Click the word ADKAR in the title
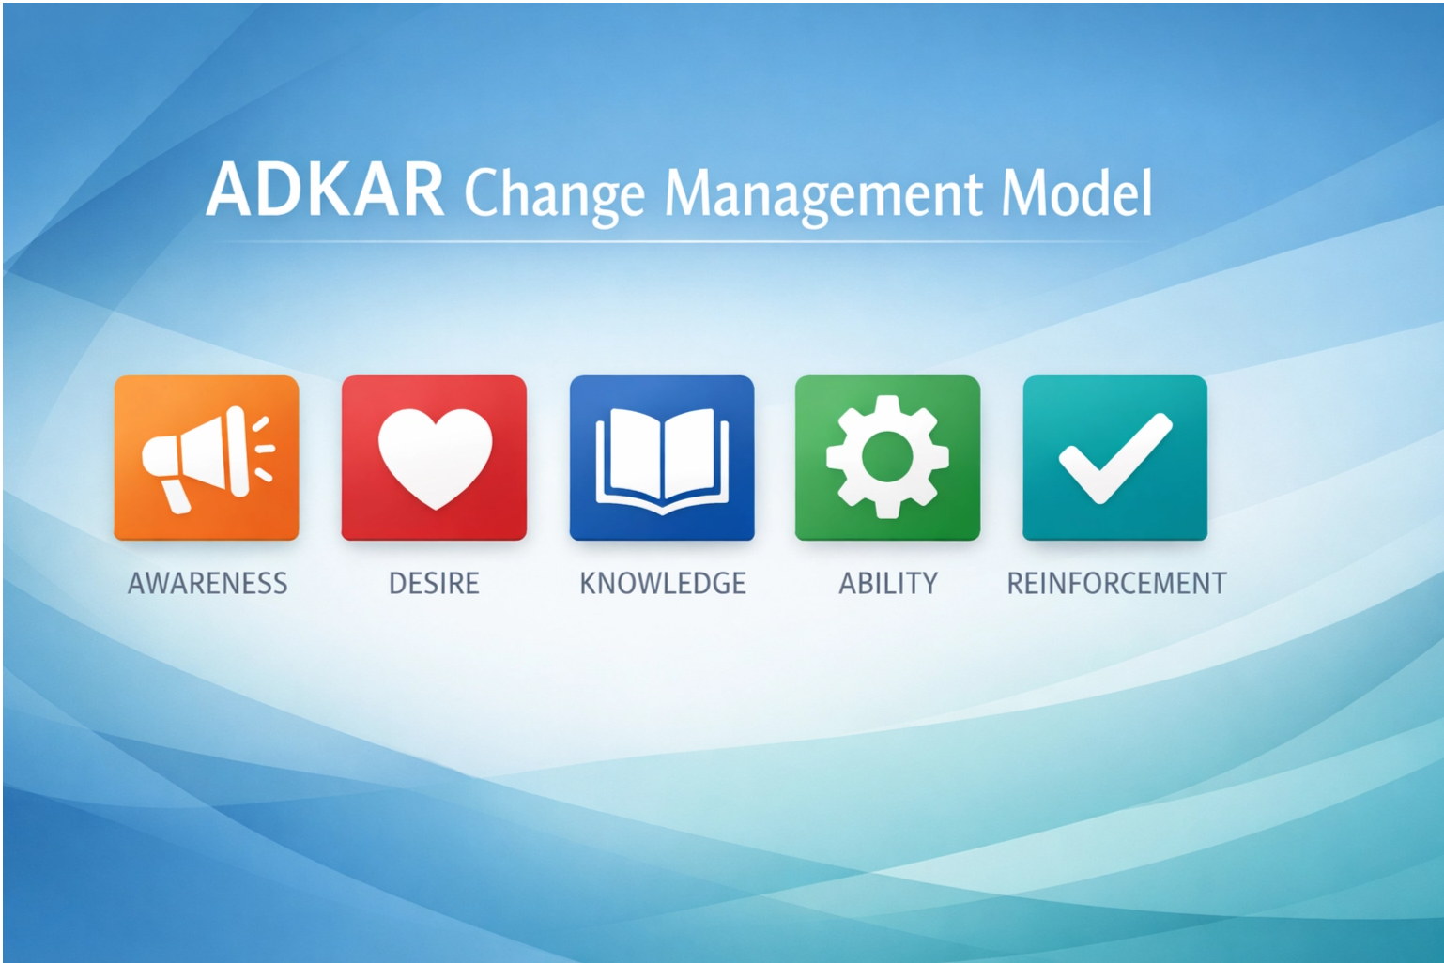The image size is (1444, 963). tap(325, 191)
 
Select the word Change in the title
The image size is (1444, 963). tap(554, 194)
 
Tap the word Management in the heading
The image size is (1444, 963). tap(822, 194)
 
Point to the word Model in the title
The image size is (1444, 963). tap(1076, 192)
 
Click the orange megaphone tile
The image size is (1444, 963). tap(207, 458)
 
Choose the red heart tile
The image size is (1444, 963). tap(434, 458)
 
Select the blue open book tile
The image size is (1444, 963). tap(662, 458)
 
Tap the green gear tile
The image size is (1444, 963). tap(887, 458)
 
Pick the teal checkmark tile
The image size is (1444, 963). tap(1114, 458)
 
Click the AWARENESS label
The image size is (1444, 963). tap(207, 584)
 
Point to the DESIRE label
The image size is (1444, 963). tap(434, 584)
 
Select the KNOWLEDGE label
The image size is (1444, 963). tap(662, 584)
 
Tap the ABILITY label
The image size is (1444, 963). tap(887, 584)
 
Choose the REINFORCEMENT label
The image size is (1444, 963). tap(1116, 584)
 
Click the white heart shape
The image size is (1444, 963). tap(435, 455)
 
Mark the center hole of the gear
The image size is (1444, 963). tap(887, 456)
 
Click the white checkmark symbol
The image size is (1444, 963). tap(1114, 458)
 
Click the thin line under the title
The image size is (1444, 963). tap(685, 242)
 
